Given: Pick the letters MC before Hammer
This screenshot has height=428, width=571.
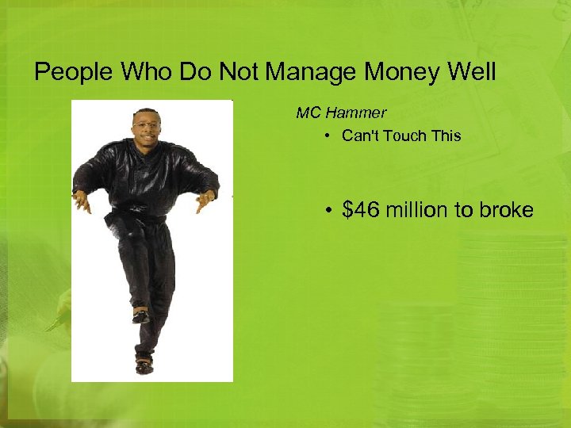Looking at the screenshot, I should click(x=308, y=113).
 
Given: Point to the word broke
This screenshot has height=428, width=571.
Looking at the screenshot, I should click(x=504, y=210).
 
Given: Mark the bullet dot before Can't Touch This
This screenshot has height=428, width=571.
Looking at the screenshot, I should click(x=328, y=136).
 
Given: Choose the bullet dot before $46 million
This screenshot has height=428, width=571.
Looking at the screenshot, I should click(x=328, y=211).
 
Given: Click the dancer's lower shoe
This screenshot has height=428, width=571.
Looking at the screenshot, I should click(x=144, y=365).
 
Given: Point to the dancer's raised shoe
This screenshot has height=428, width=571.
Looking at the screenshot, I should click(x=140, y=315).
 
